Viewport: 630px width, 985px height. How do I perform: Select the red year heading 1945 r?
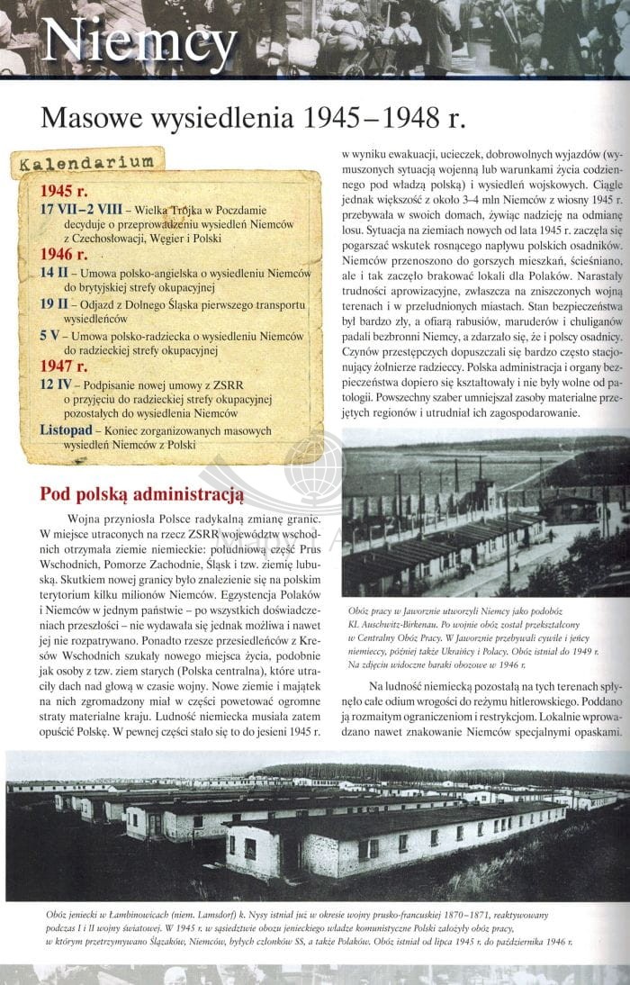point(64,191)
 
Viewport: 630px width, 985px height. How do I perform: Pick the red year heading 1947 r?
point(64,366)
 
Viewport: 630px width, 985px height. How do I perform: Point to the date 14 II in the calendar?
point(53,273)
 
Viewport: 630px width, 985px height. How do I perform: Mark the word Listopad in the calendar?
point(67,431)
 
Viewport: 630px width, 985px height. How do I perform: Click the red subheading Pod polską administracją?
point(142,494)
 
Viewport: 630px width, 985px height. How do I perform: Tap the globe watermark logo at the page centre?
point(313,470)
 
